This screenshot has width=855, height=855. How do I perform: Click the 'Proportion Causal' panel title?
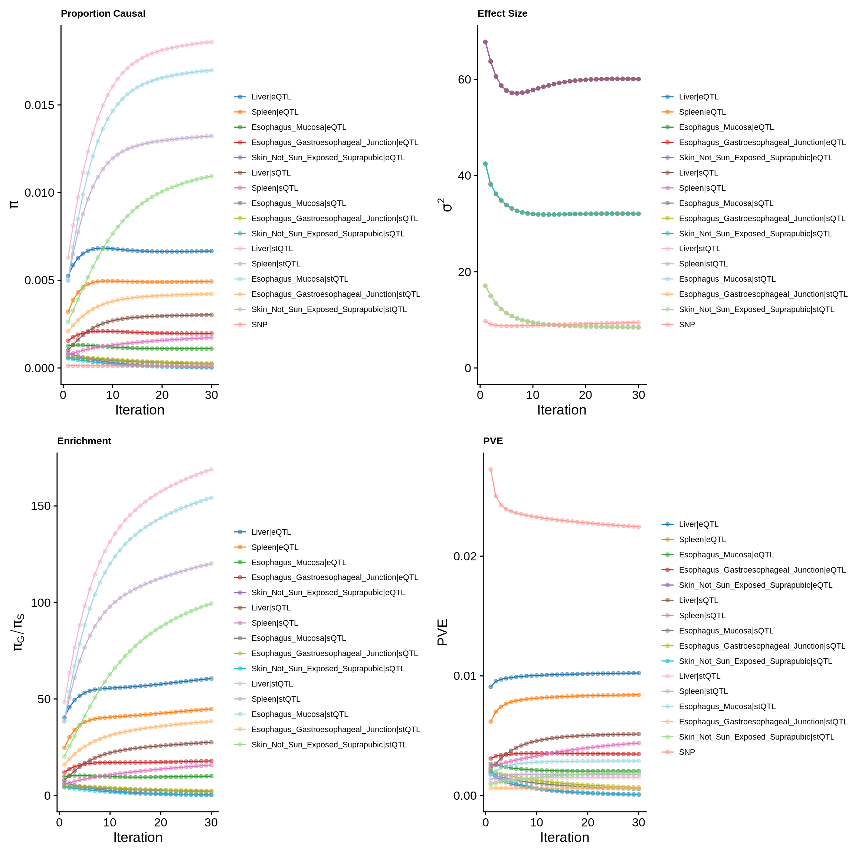[103, 13]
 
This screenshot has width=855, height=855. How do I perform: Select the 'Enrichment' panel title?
[84, 441]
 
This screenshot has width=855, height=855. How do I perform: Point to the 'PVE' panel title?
[492, 441]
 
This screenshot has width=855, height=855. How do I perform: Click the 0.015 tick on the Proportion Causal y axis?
[39, 105]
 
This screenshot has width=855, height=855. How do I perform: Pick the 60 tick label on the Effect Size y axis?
[464, 80]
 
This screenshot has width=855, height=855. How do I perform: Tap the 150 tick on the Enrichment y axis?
[40, 506]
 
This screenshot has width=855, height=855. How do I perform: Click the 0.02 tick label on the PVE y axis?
[467, 556]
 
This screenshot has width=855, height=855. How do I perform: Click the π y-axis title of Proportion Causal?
[14, 204]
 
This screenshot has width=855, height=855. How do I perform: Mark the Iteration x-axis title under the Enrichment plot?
[138, 837]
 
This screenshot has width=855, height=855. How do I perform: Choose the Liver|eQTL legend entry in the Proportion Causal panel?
[271, 97]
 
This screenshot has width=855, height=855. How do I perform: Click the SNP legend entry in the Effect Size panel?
[687, 324]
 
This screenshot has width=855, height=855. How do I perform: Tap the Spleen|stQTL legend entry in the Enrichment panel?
[276, 699]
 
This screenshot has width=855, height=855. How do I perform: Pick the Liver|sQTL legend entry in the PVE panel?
[698, 600]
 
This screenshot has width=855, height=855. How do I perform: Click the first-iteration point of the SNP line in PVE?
[490, 469]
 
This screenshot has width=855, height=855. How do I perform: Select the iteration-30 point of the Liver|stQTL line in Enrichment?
[211, 469]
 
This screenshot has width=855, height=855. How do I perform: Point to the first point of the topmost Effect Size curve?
[485, 42]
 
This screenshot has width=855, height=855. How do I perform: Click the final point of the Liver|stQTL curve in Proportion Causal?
[211, 42]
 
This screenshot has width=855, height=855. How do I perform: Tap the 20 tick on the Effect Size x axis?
[585, 395]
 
